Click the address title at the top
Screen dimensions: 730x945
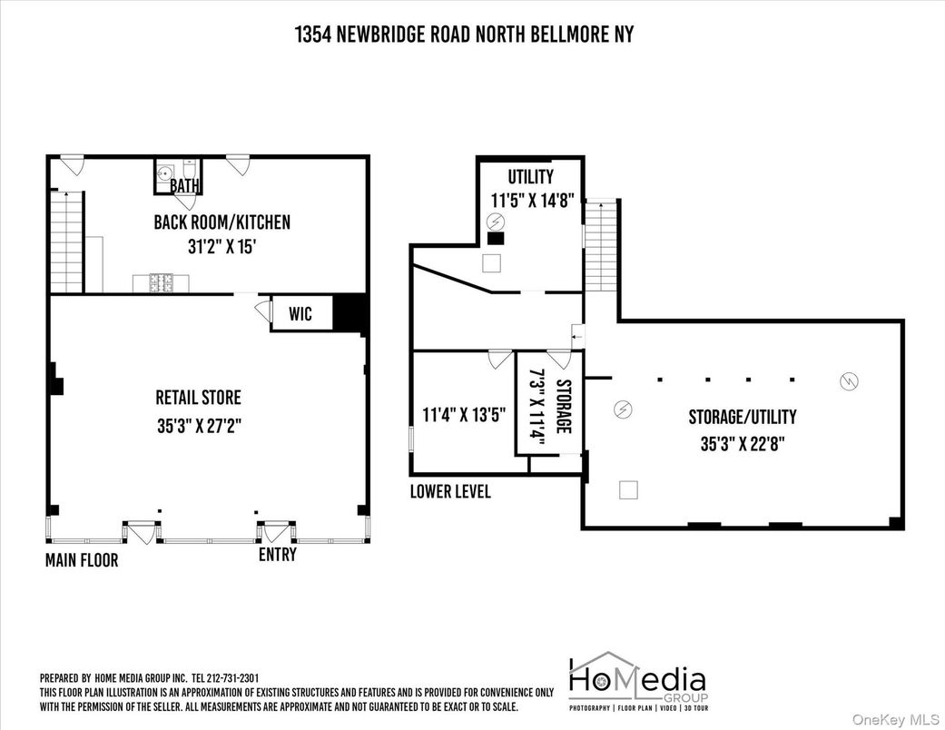pyautogui.click(x=464, y=35)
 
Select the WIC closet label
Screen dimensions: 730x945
pyautogui.click(x=300, y=314)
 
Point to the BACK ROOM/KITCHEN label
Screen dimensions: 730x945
pyautogui.click(x=222, y=222)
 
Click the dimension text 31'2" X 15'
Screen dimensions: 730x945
pyautogui.click(x=222, y=244)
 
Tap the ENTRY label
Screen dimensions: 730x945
pyautogui.click(x=277, y=554)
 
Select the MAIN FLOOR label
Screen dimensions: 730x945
pyautogui.click(x=82, y=560)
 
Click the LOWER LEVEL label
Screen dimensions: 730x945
pyautogui.click(x=450, y=491)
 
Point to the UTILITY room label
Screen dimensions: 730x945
pyautogui.click(x=530, y=176)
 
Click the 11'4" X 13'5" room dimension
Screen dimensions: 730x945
pyautogui.click(x=464, y=415)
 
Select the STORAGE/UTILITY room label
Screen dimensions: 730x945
pyautogui.click(x=742, y=417)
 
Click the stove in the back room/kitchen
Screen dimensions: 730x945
pyautogui.click(x=161, y=283)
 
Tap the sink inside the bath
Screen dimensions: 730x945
pyautogui.click(x=166, y=173)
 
